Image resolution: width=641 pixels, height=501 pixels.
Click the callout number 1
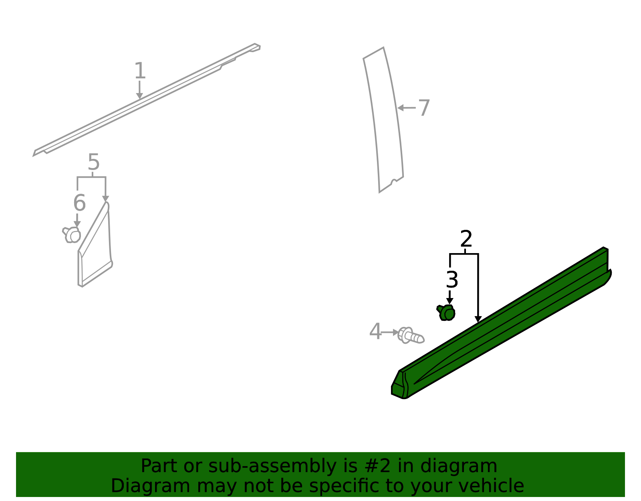coord(140,71)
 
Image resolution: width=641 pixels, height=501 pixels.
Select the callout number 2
coord(466,239)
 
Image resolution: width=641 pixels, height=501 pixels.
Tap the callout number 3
coord(452,280)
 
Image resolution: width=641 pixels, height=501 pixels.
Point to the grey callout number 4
coord(375,331)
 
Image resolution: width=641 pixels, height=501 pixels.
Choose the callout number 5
coord(94,162)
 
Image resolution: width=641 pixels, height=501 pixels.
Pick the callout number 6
coord(79,203)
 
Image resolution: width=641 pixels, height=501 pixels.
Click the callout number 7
coord(424,108)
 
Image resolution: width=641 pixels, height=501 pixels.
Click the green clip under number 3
coord(446,313)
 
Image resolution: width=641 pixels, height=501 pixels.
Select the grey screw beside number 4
coord(411,335)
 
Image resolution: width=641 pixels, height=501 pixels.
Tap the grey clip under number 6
coord(72,235)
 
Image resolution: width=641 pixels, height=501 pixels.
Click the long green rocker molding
coord(502,323)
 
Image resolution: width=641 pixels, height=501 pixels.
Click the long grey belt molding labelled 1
coord(147,100)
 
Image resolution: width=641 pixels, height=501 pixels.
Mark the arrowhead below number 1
coord(139,96)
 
